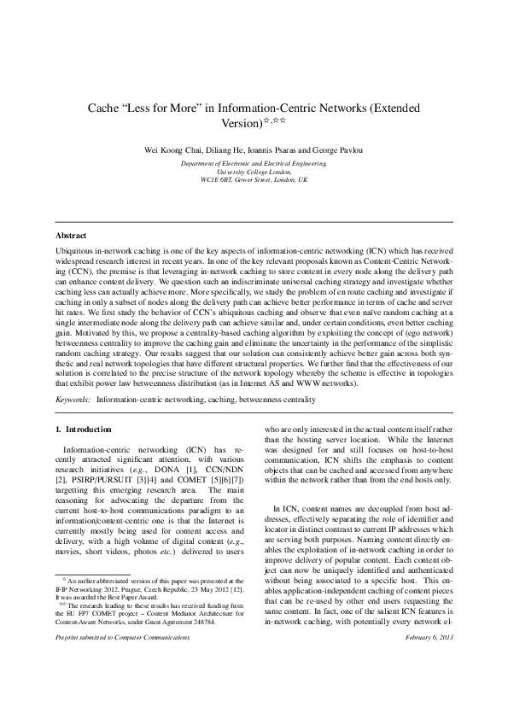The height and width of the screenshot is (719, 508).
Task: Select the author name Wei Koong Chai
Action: pyautogui.click(x=176, y=150)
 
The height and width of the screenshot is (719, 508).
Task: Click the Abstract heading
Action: pyautogui.click(x=71, y=235)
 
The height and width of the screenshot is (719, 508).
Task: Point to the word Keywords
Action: pyautogui.click(x=72, y=399)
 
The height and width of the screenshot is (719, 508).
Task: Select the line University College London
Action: pyautogui.click(x=254, y=172)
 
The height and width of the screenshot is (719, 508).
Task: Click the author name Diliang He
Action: pyautogui.click(x=222, y=150)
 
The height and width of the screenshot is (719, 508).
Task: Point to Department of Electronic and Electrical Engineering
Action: pyautogui.click(x=254, y=162)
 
